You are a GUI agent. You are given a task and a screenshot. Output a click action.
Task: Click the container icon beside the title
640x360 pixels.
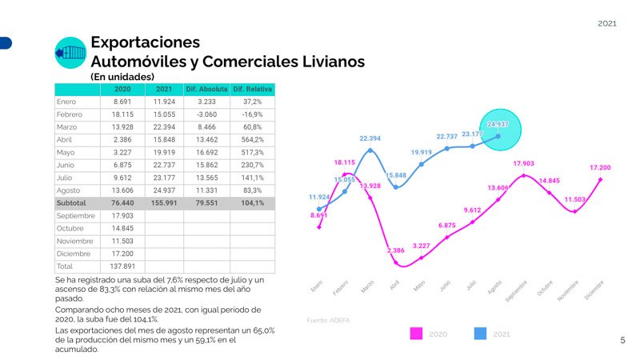[x=70, y=52]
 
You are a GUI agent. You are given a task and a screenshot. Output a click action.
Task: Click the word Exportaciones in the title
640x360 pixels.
[x=145, y=42]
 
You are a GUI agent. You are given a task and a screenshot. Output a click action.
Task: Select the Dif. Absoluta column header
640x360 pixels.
[x=206, y=89]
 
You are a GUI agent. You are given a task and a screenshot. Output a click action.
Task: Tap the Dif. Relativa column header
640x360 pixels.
[x=252, y=89]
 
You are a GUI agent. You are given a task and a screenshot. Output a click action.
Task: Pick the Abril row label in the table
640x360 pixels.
[x=66, y=138]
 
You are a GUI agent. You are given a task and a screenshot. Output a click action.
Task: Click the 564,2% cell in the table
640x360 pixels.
[x=252, y=138]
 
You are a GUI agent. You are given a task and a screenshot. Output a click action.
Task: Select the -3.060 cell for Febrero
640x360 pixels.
[x=206, y=114]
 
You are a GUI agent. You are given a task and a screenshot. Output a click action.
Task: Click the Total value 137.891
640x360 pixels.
[x=122, y=266]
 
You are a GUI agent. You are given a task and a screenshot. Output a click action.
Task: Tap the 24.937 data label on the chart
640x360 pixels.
[x=498, y=125]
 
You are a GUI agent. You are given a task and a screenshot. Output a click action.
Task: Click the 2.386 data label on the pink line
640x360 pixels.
[x=395, y=250]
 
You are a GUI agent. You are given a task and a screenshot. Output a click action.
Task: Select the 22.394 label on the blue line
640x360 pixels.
[x=370, y=138]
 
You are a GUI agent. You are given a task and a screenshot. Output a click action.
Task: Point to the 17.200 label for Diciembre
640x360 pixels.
[x=601, y=168]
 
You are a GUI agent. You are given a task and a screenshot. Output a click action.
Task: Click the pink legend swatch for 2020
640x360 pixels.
[x=416, y=333]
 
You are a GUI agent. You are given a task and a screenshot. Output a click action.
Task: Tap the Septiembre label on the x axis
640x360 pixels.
[x=517, y=292]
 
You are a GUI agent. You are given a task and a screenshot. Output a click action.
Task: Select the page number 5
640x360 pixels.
[x=623, y=340]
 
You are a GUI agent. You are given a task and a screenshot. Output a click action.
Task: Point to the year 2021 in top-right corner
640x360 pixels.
[x=607, y=24]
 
